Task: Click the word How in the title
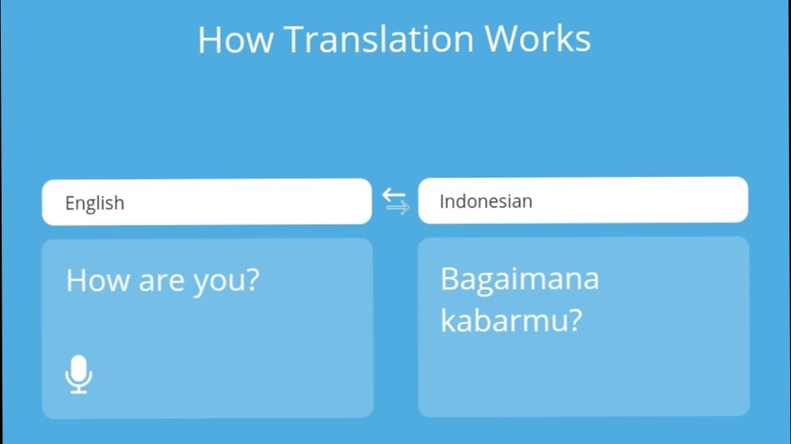click(235, 40)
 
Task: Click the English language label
click(95, 203)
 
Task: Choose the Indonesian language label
click(485, 201)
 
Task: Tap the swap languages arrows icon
click(395, 201)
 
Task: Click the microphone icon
click(79, 374)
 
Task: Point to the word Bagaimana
click(519, 280)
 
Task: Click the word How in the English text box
click(98, 281)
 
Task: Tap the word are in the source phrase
click(161, 283)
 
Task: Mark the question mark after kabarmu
click(572, 320)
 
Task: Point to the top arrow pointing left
click(394, 194)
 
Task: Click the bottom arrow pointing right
click(397, 208)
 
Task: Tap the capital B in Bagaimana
click(450, 280)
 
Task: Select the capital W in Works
click(502, 40)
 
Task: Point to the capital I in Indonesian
click(442, 201)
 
